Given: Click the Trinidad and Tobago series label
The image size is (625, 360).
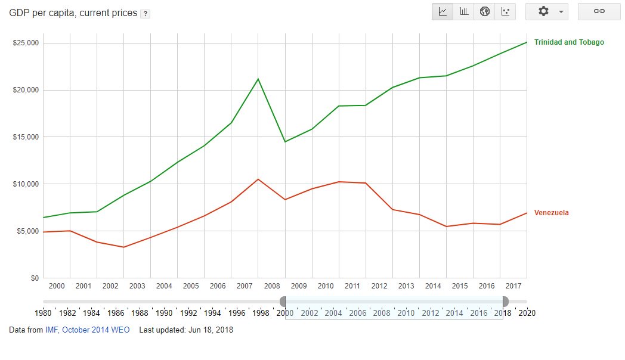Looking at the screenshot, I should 569,42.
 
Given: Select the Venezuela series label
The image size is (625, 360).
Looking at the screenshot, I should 551,213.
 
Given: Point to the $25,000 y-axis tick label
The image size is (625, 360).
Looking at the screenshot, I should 26,43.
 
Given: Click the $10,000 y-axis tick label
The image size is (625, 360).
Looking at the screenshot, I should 26,184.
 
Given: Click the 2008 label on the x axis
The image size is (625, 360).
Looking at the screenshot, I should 271,286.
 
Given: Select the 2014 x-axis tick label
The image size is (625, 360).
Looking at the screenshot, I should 433,286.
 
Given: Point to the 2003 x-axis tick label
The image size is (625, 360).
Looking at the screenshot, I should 137,286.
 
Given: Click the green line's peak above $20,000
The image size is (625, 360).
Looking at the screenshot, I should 258,79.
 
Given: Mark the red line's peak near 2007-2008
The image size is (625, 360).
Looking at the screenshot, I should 258,179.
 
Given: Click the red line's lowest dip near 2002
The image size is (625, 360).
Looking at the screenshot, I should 123,247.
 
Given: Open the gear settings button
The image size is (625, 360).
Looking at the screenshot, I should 546,12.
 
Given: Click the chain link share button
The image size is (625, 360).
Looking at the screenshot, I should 599,12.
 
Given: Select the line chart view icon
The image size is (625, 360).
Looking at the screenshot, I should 443,12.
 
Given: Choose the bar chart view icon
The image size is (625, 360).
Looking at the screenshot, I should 463,12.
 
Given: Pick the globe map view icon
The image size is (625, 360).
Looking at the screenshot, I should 484,12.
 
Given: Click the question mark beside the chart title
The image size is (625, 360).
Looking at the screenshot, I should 144,14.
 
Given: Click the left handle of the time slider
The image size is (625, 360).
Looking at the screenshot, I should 283,302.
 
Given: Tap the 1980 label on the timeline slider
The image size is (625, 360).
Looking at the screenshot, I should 43,313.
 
